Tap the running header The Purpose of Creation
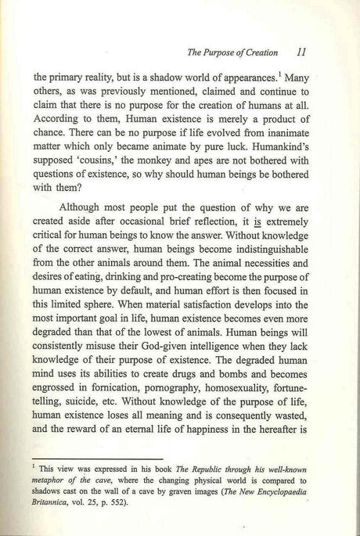coord(233,54)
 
